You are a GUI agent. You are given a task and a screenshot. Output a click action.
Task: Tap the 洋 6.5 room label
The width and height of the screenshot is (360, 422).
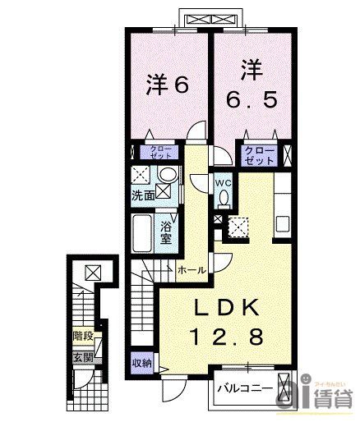pos(252,85)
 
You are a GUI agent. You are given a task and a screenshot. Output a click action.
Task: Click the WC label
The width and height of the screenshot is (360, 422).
pos(223,183)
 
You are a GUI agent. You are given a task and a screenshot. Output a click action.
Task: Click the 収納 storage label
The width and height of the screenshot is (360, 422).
pos(141,362)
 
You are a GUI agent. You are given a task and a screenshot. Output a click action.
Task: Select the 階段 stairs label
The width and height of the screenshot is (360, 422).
pos(82,336)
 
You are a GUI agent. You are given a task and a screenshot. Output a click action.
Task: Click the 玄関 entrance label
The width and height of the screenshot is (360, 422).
pos(81,357)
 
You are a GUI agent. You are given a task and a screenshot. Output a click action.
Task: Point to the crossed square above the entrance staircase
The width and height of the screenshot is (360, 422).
pos(90,273)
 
